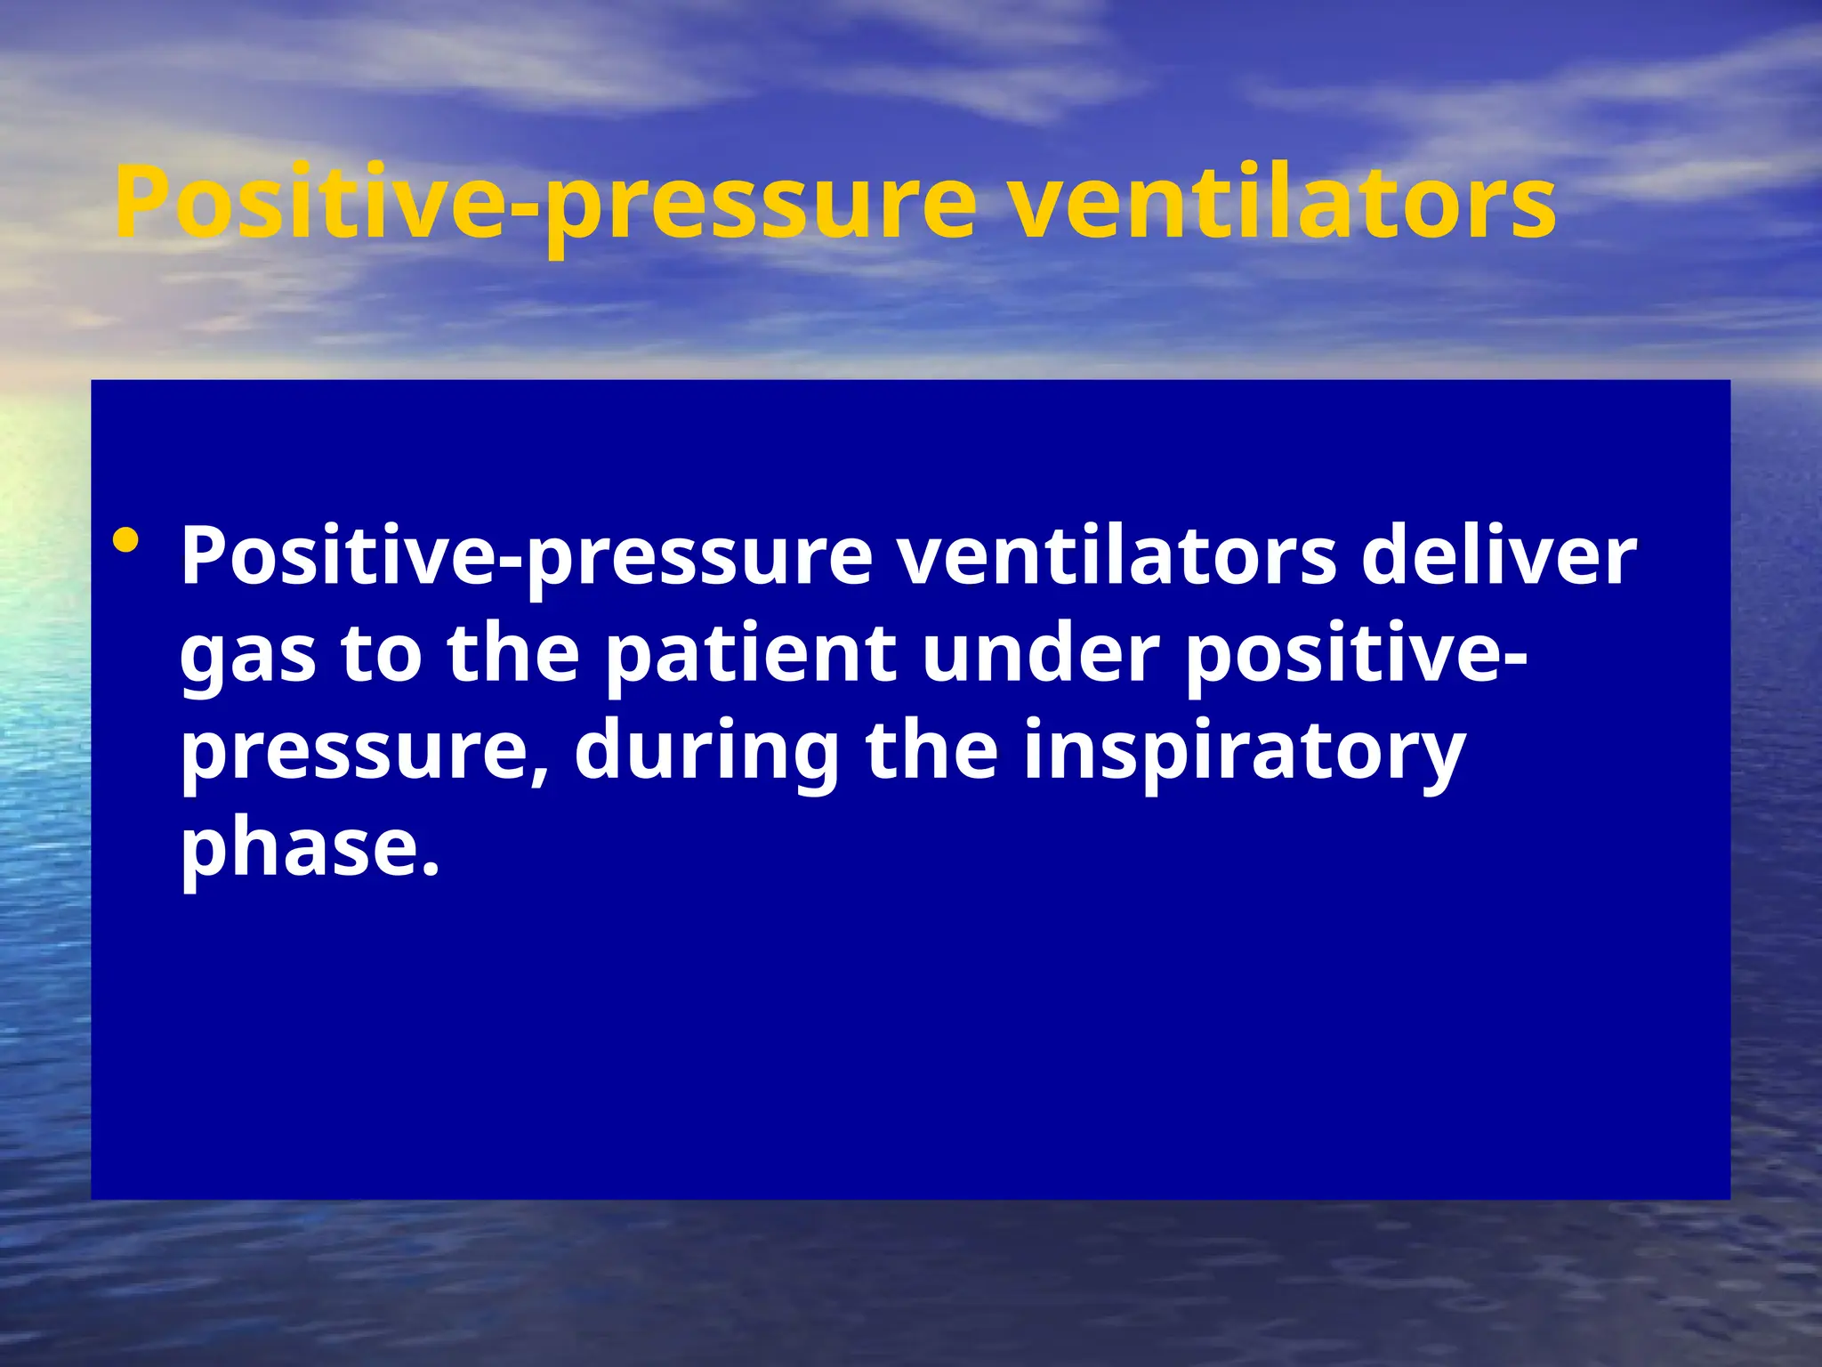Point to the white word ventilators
coord(1116,557)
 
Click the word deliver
coord(1498,557)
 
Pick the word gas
coord(248,655)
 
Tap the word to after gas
coord(382,655)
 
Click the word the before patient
coord(513,655)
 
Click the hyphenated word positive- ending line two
coord(1358,655)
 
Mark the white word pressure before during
coord(360,753)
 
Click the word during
coord(707,753)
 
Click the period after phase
coord(431,869)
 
